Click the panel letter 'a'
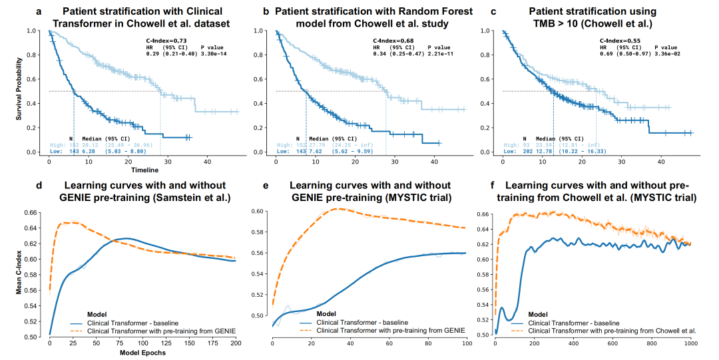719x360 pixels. click(x=39, y=11)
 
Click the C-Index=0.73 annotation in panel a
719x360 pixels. click(x=166, y=41)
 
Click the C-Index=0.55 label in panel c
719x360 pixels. click(x=619, y=41)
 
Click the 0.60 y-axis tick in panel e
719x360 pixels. click(x=258, y=212)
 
